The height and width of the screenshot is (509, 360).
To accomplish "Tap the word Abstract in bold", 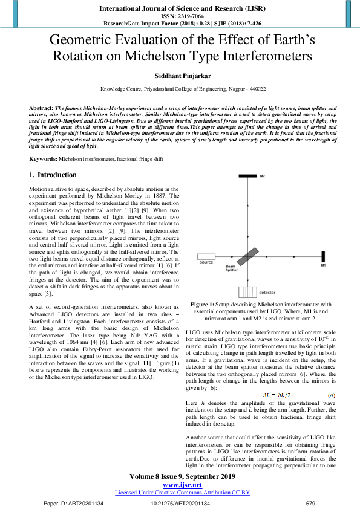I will [x=41, y=106].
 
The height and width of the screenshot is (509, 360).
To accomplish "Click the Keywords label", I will [x=43, y=158].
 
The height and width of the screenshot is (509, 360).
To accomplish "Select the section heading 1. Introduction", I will [x=54, y=175].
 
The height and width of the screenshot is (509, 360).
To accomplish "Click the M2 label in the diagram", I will [x=263, y=177].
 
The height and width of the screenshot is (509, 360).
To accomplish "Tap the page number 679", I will [x=311, y=503].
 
